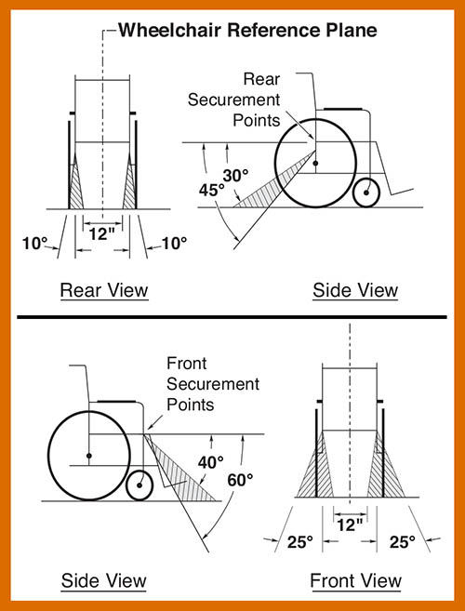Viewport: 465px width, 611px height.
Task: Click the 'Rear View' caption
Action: (103, 290)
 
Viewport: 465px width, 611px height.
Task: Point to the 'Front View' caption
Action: (355, 581)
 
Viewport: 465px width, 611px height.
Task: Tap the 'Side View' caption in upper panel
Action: (354, 290)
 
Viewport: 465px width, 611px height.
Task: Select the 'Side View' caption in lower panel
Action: (103, 581)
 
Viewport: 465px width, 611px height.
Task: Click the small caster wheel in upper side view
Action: (367, 193)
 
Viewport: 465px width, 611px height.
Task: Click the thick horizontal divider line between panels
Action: (232, 321)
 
